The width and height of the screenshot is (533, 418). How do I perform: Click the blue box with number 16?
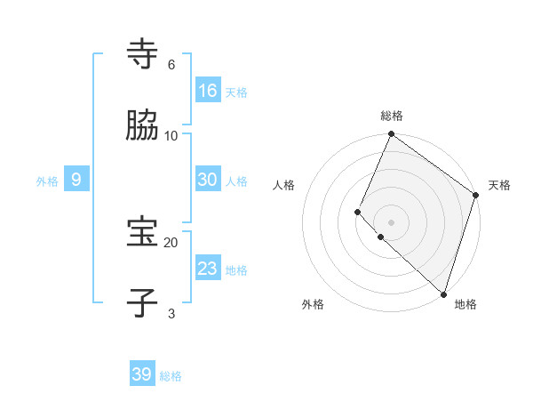208,90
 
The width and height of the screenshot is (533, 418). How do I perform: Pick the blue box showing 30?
208,180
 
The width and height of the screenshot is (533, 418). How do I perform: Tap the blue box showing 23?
208,269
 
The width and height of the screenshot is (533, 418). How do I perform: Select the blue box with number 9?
76,180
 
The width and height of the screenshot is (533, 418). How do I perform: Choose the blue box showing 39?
142,374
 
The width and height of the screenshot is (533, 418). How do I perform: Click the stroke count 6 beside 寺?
171,64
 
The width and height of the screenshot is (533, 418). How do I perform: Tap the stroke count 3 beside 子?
171,313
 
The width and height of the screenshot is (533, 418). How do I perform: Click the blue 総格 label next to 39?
171,376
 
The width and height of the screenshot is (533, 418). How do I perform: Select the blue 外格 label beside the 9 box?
47,181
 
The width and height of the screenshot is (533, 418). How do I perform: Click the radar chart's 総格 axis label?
391,116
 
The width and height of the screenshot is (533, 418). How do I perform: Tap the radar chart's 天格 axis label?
499,185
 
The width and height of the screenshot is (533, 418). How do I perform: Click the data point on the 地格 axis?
443,294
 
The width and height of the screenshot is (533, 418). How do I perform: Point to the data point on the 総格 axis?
391,135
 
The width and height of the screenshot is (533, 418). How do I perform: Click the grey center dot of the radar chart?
391,221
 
